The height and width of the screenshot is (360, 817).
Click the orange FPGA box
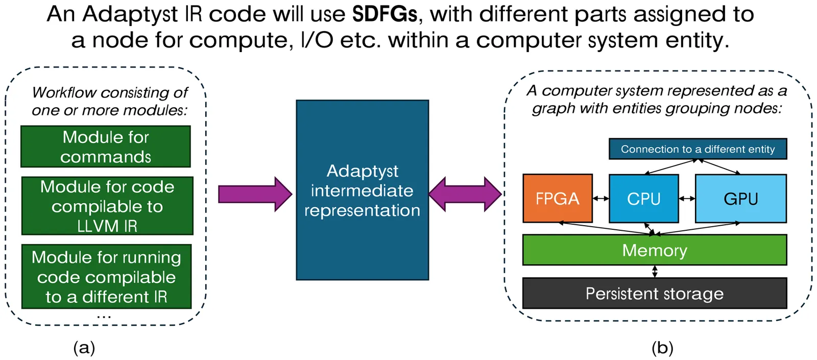click(557, 198)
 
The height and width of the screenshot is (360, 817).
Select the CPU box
click(643, 198)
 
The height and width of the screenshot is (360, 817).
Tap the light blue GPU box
click(740, 198)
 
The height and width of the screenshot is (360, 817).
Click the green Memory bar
click(654, 250)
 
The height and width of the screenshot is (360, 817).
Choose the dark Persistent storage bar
click(654, 293)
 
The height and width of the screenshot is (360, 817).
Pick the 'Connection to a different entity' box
click(698, 149)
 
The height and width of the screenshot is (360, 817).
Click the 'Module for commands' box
click(106, 147)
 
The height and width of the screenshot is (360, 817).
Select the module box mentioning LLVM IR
click(107, 206)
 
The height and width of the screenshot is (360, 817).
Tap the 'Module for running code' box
click(106, 276)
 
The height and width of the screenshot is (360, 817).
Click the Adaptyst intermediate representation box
click(362, 190)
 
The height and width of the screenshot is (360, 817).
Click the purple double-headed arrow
click(465, 194)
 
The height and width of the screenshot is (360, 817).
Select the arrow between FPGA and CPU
click(600, 198)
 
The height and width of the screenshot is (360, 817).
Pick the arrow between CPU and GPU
click(687, 198)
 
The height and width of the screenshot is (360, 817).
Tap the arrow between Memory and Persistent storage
click(655, 271)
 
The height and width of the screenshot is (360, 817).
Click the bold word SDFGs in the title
click(385, 14)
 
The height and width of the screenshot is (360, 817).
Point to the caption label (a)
click(84, 348)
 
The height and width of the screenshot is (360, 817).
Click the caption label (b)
click(662, 348)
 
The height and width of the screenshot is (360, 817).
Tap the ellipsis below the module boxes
click(104, 317)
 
